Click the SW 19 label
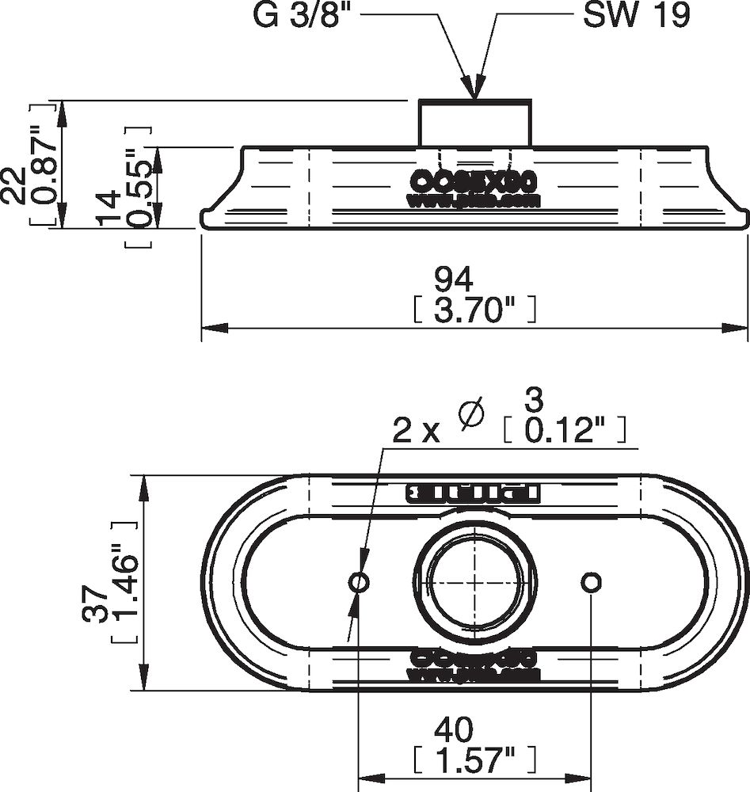coord(635,15)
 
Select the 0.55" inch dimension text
coord(139,187)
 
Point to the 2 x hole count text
coord(417,432)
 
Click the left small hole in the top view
coord(359,583)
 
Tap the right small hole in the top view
coord(591,583)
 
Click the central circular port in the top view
coord(475,583)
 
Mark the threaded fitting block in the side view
coord(475,123)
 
